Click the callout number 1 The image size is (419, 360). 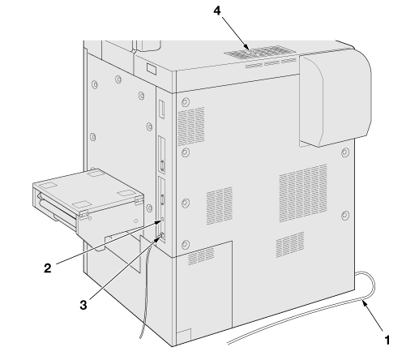[387, 340]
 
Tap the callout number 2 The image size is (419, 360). [48, 268]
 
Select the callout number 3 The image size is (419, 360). [83, 305]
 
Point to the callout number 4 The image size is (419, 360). [217, 11]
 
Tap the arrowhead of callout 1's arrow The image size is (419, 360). [365, 303]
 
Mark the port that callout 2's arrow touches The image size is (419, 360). [163, 219]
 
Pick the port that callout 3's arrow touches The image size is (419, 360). [162, 236]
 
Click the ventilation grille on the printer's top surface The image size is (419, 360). [260, 53]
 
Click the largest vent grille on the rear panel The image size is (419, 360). [303, 192]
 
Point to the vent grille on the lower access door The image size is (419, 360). [201, 255]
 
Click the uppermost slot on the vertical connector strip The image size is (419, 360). [161, 109]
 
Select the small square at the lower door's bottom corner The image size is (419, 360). [184, 335]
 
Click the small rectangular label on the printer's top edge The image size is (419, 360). [152, 69]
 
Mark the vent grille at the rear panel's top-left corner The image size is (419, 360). [190, 126]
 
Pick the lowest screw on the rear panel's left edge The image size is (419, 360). [185, 244]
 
